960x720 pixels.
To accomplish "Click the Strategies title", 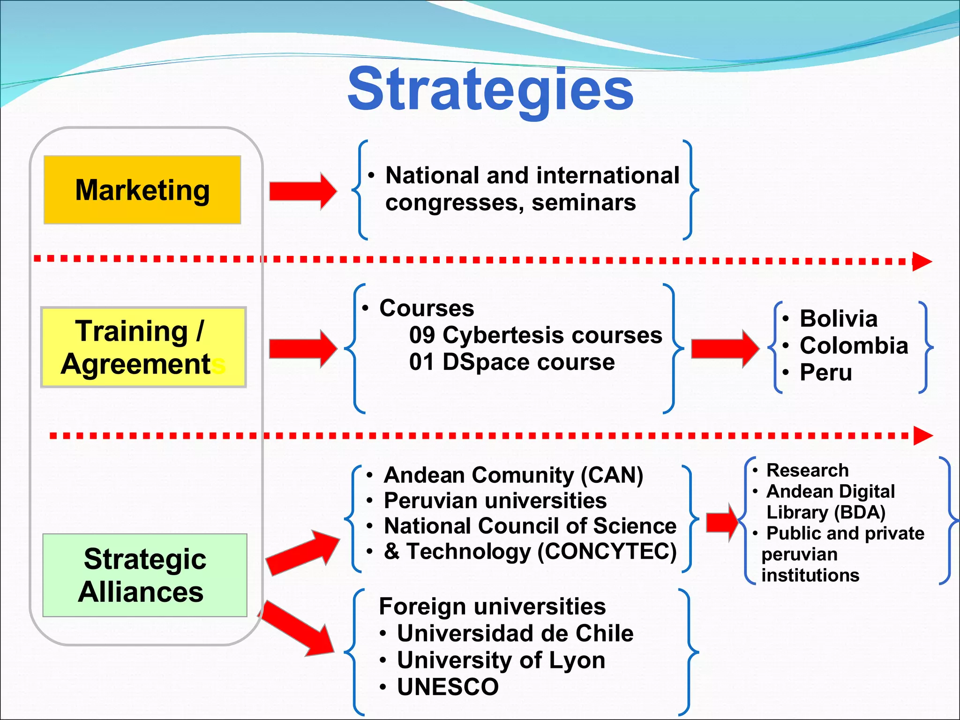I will (490, 89).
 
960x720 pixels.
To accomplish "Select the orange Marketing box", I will (142, 190).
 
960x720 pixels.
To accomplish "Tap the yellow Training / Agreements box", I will (143, 347).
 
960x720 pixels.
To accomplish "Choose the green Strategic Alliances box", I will (144, 575).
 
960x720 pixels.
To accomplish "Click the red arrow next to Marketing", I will (303, 191).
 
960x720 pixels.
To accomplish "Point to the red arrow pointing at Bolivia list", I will (725, 348).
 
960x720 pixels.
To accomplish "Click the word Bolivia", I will (838, 319).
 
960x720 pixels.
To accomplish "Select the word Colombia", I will (854, 345).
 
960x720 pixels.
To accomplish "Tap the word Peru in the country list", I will (825, 373).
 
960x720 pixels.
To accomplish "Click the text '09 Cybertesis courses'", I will (535, 335).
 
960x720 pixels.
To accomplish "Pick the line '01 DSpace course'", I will (511, 362).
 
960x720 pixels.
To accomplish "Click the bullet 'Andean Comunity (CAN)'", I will (513, 475).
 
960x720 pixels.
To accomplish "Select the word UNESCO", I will (448, 687).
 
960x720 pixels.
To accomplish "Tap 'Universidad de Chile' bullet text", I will (515, 633).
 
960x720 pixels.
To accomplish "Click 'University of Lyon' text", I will (501, 660).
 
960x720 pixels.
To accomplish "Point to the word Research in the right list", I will (807, 470).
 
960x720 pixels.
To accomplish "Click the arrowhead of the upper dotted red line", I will (922, 262).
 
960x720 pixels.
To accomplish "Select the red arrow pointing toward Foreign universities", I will (298, 628).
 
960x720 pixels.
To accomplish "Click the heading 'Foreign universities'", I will (492, 607).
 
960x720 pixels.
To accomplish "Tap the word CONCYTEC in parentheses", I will (607, 552).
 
